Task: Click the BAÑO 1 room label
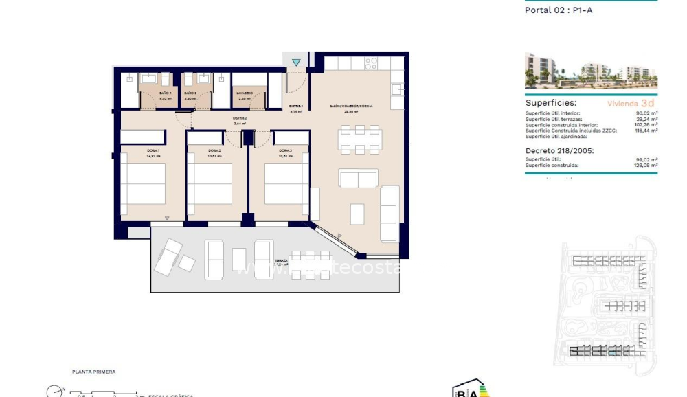165,93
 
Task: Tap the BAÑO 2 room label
190,93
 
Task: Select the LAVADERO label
245,93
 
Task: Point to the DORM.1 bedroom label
153,150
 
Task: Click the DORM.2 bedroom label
214,150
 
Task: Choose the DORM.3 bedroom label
286,150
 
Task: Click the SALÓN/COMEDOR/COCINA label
352,106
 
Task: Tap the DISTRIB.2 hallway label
239,119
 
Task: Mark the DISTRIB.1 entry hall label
296,106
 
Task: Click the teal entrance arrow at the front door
296,63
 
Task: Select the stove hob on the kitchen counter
371,63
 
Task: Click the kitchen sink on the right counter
397,89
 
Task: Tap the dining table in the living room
359,139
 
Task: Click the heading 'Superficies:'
551,102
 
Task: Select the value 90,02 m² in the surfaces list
647,113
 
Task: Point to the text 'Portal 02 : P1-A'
558,10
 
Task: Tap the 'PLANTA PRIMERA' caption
94,372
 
